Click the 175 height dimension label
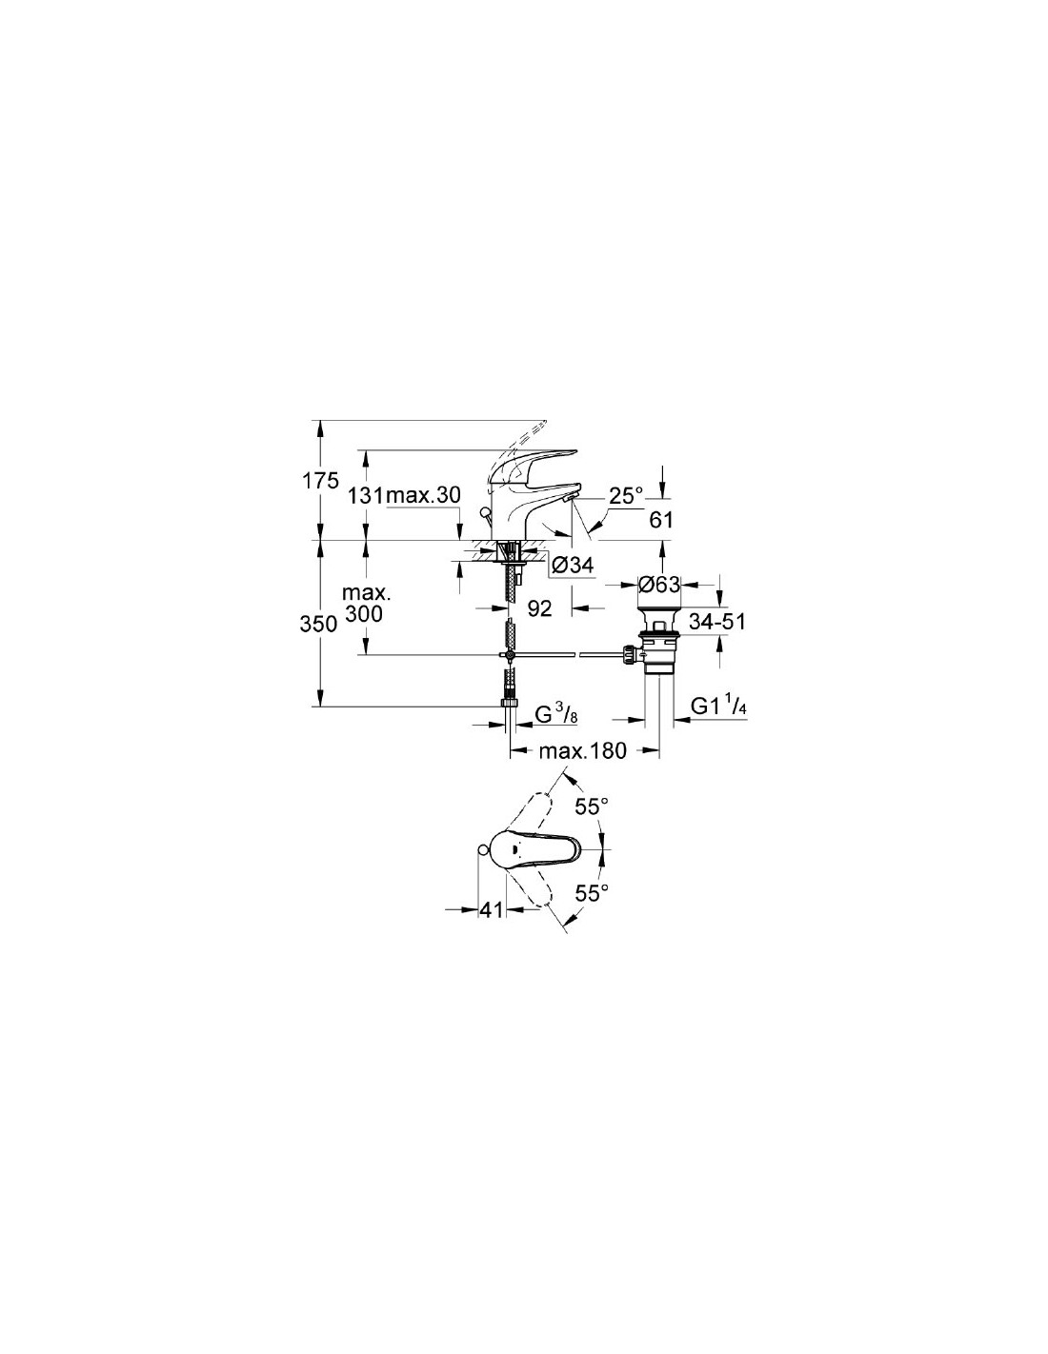(x=320, y=481)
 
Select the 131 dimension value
(x=367, y=496)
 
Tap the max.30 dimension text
(x=423, y=496)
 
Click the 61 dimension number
(x=661, y=519)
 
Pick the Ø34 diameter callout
(x=573, y=566)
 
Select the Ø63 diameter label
(x=658, y=585)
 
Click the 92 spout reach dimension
(x=540, y=608)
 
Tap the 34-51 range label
(x=717, y=621)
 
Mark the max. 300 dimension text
(x=364, y=604)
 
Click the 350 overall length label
(x=318, y=624)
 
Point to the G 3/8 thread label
(x=557, y=715)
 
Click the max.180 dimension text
(x=582, y=751)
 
